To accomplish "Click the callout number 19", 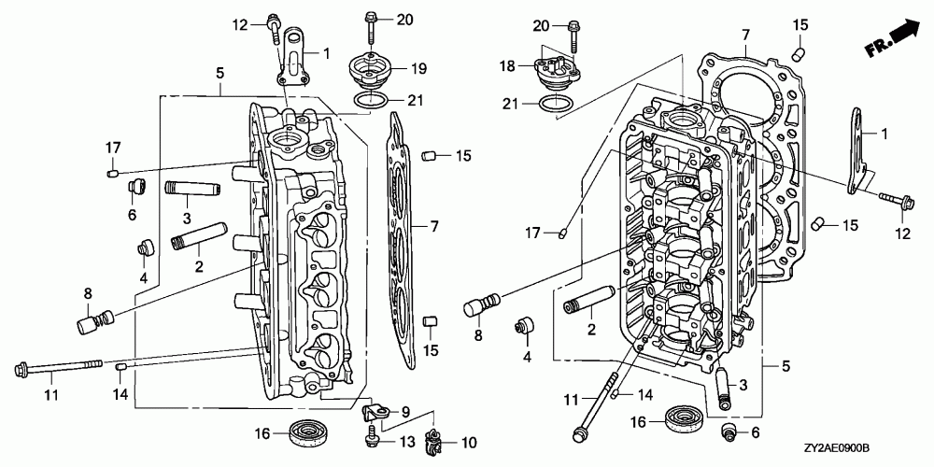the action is click(x=418, y=69).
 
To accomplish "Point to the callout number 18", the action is click(x=507, y=66).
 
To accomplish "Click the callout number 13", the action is click(x=405, y=442).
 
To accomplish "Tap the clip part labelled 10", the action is click(x=433, y=443).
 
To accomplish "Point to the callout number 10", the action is click(x=469, y=443).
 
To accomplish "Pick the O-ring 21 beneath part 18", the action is click(x=558, y=104).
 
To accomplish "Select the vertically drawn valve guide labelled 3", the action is click(x=723, y=388).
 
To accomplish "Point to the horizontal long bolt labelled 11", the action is click(x=58, y=366).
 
